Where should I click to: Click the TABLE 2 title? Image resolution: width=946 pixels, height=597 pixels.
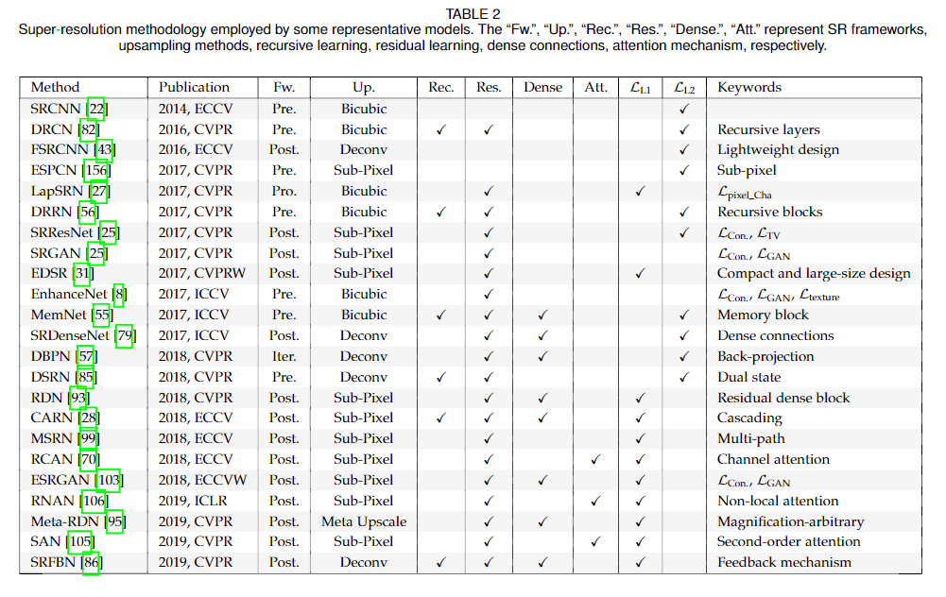pyautogui.click(x=473, y=13)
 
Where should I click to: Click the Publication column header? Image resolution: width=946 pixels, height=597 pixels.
pyautogui.click(x=194, y=88)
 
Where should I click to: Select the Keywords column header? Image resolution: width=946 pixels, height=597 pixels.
pyautogui.click(x=749, y=88)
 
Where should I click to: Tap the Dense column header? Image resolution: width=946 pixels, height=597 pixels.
pyautogui.click(x=543, y=88)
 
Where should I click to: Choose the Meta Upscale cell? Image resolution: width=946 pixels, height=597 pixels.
pyautogui.click(x=364, y=521)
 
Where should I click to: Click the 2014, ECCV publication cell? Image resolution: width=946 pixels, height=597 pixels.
pyautogui.click(x=196, y=109)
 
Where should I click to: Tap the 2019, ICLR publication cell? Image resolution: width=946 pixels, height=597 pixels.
pyautogui.click(x=195, y=501)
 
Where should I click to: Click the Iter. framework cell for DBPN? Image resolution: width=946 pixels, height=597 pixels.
pyautogui.click(x=284, y=356)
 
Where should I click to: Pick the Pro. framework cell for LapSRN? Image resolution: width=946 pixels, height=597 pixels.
pyautogui.click(x=284, y=191)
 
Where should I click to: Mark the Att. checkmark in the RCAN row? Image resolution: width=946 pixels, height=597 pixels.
pyautogui.click(x=595, y=460)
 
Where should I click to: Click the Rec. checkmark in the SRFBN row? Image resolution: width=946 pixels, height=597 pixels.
pyautogui.click(x=440, y=563)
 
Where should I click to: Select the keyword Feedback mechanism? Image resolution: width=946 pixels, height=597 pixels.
pyautogui.click(x=784, y=563)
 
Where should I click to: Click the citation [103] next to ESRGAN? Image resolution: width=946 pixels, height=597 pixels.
pyautogui.click(x=109, y=480)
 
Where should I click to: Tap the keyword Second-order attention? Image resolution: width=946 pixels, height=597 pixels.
pyautogui.click(x=788, y=542)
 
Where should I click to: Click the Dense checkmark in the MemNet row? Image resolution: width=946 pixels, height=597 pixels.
pyautogui.click(x=543, y=316)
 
